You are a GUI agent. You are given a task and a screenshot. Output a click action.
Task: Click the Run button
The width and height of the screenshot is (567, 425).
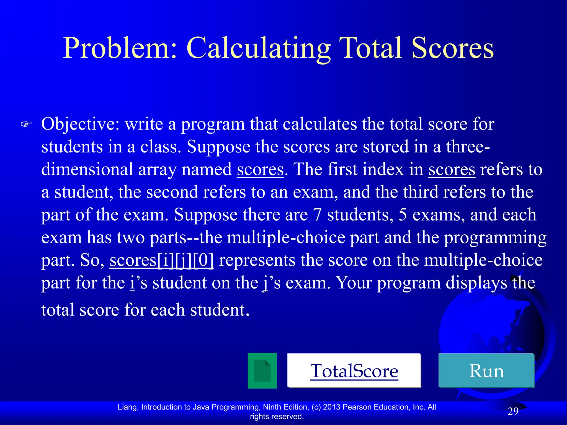(486, 370)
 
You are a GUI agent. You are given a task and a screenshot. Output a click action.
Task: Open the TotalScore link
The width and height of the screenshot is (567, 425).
(354, 370)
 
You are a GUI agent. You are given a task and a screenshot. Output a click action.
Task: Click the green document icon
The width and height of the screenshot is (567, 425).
(262, 370)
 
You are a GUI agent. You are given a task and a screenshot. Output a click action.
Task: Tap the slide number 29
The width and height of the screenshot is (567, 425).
(513, 411)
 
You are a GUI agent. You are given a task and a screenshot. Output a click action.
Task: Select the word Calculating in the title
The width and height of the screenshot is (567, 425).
(259, 48)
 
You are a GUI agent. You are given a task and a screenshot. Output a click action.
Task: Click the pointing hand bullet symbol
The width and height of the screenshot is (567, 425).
(27, 124)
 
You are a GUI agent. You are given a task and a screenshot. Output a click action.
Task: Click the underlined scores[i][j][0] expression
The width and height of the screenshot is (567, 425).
(162, 260)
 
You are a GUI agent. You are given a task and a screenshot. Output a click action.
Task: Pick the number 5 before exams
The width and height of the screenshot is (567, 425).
(403, 215)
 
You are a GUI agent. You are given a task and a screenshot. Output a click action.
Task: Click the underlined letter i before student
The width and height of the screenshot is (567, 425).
(132, 283)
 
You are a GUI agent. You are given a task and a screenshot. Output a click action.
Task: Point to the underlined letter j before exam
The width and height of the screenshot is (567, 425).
(266, 283)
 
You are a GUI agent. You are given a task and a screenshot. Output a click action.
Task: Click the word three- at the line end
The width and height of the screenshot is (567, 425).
(468, 147)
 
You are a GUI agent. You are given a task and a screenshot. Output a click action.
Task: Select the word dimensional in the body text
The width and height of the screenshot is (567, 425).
(87, 169)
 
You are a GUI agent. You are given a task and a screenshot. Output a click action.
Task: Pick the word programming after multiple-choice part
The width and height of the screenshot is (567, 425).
(495, 237)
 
